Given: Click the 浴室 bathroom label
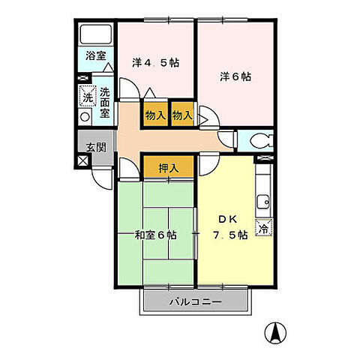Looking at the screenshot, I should (94, 56).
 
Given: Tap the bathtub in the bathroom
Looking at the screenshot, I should (94, 34).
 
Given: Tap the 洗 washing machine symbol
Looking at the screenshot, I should (86, 97).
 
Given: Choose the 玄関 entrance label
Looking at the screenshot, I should (94, 146).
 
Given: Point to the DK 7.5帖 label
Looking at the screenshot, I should (227, 227).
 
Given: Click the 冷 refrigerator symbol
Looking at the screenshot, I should (264, 229).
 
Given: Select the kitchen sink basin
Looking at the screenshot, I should (263, 200).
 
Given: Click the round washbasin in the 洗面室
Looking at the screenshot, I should (85, 116).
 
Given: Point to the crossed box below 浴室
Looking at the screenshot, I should (82, 76).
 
